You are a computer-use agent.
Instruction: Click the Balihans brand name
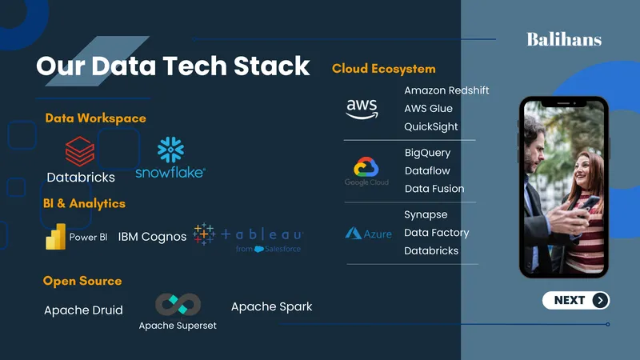[x=564, y=39]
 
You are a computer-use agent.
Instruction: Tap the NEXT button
[x=576, y=301]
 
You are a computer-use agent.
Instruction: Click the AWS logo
[x=362, y=109]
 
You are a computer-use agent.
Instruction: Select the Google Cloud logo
[x=366, y=171]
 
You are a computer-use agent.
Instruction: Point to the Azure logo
[x=369, y=234]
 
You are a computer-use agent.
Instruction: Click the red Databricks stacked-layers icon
[x=80, y=151]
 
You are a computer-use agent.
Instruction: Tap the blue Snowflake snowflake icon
[x=170, y=150]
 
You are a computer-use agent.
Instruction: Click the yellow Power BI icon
[x=56, y=236]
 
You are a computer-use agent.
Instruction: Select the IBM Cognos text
[x=152, y=237]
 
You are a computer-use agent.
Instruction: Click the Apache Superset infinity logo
[x=178, y=305]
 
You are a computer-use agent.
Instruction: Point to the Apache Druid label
[x=83, y=310]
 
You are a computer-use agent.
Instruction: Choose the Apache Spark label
[x=272, y=307]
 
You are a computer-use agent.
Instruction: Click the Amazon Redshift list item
[x=446, y=90]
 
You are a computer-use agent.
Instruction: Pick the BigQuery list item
[x=428, y=153]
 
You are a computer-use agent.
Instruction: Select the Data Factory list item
[x=437, y=233]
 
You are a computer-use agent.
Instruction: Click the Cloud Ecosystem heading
[x=384, y=69]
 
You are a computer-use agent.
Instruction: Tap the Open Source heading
[x=82, y=281]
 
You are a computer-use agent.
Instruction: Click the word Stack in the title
[x=272, y=66]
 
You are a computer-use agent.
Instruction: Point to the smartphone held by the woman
[x=588, y=204]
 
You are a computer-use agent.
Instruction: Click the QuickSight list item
[x=431, y=127]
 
